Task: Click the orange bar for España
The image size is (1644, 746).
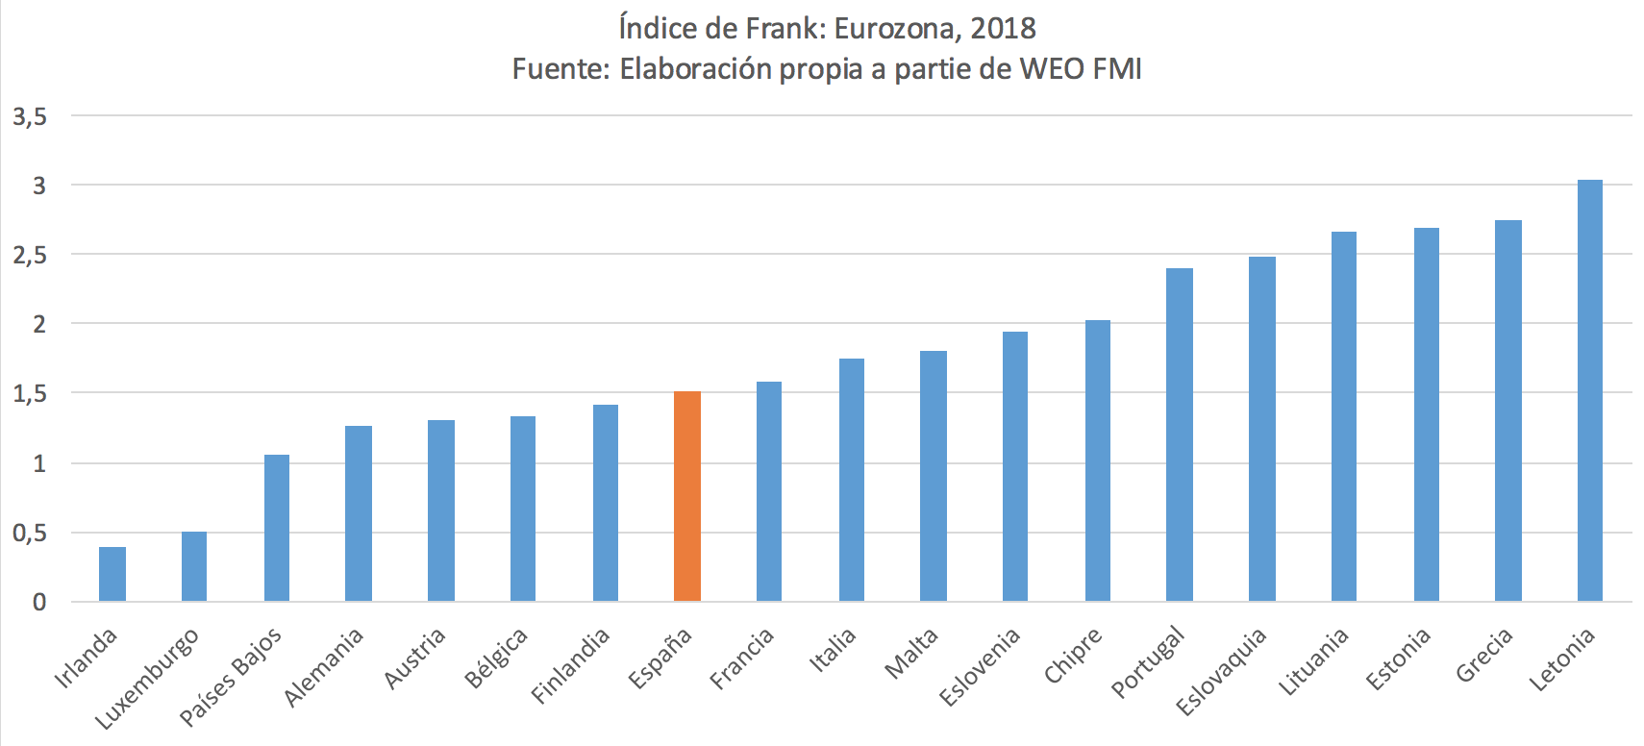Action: coord(687,496)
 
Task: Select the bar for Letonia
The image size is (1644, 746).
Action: coord(1590,390)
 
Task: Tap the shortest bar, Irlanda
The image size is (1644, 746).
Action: coord(112,574)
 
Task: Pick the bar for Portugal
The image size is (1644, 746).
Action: coord(1180,435)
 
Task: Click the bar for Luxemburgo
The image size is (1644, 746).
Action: coord(194,566)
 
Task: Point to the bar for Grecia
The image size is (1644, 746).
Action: coord(1508,410)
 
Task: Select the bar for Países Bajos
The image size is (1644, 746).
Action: coord(277,528)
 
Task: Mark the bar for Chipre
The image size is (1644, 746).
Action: coord(1098,460)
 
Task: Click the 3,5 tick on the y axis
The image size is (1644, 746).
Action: coord(30,116)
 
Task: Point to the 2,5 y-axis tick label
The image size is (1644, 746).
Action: coord(30,255)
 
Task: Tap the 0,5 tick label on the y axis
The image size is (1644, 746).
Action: coord(30,533)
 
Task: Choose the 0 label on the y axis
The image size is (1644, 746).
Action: coord(39,602)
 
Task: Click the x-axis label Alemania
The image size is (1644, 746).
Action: coord(324,667)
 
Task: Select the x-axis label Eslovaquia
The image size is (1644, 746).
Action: coord(1221,672)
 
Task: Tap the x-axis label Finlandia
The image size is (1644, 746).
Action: coord(570,666)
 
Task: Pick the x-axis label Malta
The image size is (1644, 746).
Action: coord(910,654)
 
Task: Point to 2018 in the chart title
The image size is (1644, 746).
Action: coord(1003,28)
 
